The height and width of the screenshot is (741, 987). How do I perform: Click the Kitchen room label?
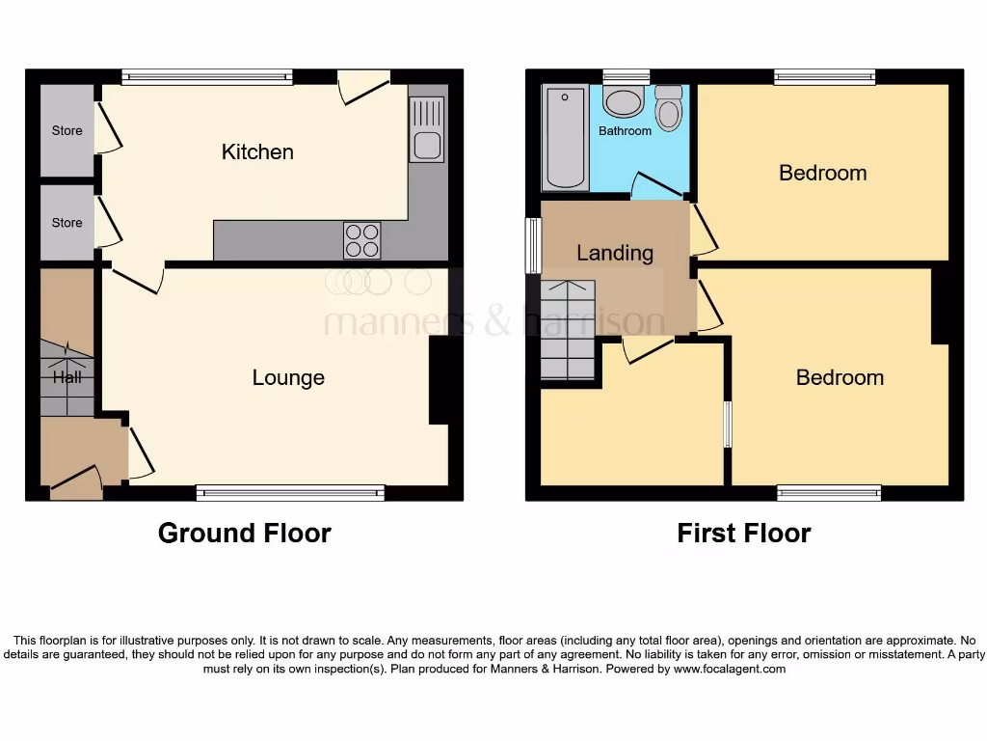(257, 151)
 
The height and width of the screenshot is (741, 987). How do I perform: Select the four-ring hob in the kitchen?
(362, 240)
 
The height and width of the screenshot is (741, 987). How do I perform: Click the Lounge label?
(288, 377)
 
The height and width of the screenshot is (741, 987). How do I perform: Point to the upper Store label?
(67, 130)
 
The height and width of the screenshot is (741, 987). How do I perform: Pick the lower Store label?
(67, 222)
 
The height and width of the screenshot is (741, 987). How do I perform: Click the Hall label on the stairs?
(67, 377)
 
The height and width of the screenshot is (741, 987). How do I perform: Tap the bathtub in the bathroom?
(564, 138)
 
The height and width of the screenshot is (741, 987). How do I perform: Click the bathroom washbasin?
(624, 103)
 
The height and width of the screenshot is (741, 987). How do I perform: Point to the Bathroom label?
(625, 130)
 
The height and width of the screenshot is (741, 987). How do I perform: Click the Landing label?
(615, 253)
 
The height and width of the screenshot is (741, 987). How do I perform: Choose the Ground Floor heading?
(244, 533)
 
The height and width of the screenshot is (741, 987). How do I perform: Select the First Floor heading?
(743, 533)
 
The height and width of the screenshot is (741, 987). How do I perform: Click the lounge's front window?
(290, 493)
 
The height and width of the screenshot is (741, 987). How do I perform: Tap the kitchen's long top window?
(207, 76)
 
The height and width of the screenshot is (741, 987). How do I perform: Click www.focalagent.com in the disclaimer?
(730, 669)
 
